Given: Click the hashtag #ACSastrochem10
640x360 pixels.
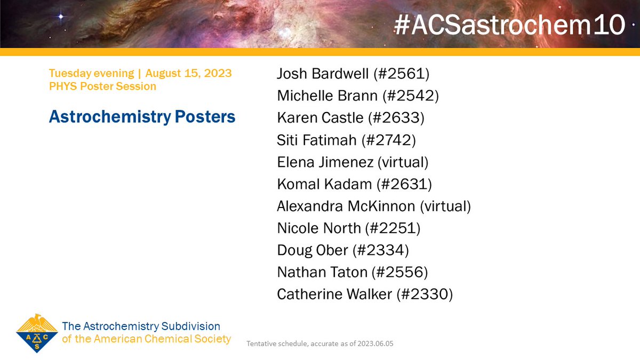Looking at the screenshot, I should click(x=509, y=25).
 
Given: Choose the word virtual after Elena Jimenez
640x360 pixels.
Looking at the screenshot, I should click(x=405, y=162).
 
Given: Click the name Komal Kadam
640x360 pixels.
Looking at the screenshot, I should click(x=322, y=184).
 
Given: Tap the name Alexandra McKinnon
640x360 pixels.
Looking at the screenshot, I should click(x=346, y=206).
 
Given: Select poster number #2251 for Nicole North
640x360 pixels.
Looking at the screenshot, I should click(x=394, y=228).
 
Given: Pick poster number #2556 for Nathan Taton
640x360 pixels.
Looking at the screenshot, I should click(x=400, y=272).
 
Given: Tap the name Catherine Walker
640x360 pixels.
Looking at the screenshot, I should click(x=334, y=294).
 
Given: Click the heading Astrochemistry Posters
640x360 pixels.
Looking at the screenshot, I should click(x=142, y=117).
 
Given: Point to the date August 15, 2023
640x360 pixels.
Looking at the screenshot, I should click(x=188, y=74).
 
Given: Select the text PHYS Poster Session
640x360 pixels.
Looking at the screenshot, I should click(x=102, y=86).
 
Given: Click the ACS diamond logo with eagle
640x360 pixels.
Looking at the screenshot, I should click(x=37, y=333).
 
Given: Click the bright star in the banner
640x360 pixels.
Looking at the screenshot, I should click(x=60, y=17).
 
